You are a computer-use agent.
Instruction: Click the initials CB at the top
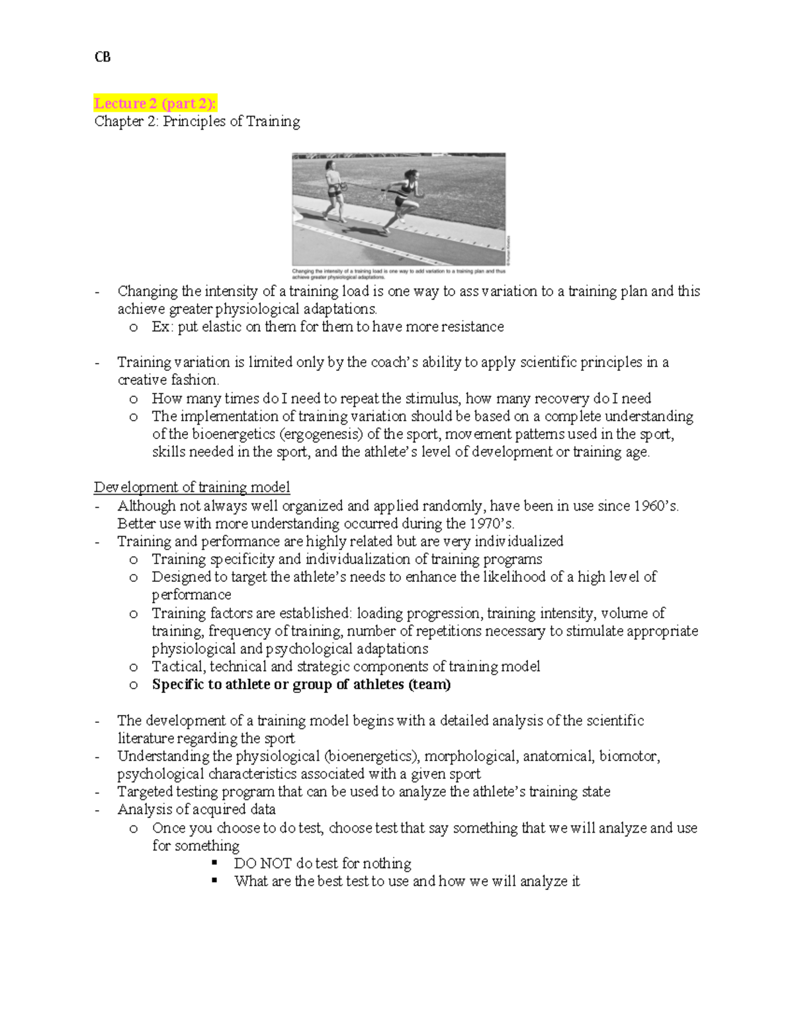click(102, 58)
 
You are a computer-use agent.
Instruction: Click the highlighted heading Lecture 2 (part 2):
click(155, 103)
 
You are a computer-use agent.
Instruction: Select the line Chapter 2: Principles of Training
click(197, 122)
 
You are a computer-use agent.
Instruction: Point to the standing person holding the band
click(334, 190)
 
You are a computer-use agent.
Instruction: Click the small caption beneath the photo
click(398, 274)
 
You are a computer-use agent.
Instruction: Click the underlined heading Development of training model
click(192, 487)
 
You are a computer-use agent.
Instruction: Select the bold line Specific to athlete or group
click(301, 684)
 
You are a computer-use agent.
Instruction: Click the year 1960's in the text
click(656, 506)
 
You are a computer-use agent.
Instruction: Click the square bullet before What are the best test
click(214, 882)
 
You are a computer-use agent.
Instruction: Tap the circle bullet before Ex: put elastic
click(134, 327)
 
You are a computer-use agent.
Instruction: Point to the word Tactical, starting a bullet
click(179, 667)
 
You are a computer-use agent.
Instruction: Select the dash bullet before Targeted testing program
click(98, 792)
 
